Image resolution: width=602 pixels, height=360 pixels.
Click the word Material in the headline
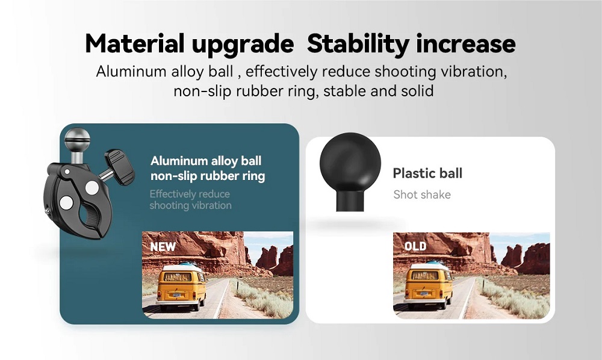point(135,44)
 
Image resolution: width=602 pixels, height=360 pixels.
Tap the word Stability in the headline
point(358,45)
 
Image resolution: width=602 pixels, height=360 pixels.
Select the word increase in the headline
point(466,44)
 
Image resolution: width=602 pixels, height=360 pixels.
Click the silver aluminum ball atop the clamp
point(77,140)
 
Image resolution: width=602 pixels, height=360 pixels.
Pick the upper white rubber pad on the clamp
point(92,188)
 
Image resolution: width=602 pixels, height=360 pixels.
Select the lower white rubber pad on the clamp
point(66,203)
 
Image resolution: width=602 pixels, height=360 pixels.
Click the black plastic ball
point(350,162)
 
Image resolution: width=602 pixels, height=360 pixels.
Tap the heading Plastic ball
point(427,173)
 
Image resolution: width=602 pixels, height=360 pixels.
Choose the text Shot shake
point(422,194)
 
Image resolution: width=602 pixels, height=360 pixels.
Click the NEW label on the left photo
point(163,247)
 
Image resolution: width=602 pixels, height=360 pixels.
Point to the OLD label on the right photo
point(415,246)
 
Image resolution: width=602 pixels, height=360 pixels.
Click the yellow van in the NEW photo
point(181,287)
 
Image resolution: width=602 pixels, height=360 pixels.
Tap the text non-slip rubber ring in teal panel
point(208,176)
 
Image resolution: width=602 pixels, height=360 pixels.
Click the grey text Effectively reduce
point(190,194)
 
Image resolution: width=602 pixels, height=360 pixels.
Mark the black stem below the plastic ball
point(350,200)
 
